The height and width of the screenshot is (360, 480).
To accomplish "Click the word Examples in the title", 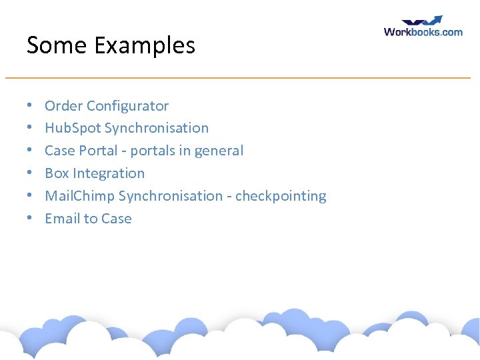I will point(145,46).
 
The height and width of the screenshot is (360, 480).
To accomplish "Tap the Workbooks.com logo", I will point(423,27).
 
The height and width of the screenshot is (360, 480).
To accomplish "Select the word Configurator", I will point(128,106).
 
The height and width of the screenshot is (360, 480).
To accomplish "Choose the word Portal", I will point(99,151).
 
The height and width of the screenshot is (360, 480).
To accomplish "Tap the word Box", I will point(57,173).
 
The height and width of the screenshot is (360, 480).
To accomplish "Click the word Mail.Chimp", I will point(79,196).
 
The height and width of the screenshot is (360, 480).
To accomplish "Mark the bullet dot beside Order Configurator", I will point(30,106).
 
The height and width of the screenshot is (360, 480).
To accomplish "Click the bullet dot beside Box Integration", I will point(30,173).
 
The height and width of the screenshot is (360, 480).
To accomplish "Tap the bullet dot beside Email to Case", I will point(30,219).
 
